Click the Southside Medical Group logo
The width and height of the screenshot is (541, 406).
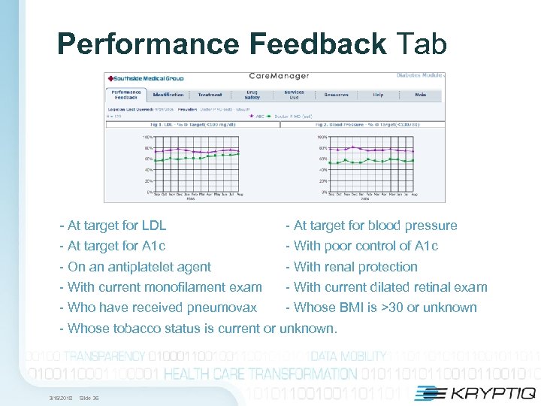[146, 77]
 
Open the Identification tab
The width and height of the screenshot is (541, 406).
[168, 95]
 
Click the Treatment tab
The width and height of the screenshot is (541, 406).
[210, 95]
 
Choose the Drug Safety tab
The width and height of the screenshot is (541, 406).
[252, 95]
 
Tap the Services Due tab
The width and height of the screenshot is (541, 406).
[294, 95]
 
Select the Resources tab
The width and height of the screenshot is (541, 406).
[336, 95]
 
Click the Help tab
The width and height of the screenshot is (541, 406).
[378, 95]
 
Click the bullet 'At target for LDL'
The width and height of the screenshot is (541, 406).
[116, 226]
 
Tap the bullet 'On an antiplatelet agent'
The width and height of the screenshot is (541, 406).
[139, 267]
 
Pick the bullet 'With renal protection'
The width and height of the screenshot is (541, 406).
[355, 267]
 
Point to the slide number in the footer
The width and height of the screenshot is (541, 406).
[89, 398]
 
